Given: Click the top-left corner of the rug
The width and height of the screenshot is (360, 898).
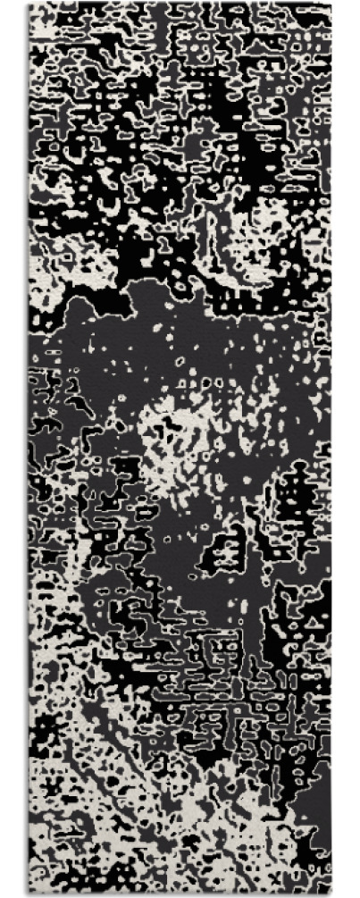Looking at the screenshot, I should click(29, 4).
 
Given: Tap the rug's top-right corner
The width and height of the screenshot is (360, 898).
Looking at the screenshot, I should click(331, 4).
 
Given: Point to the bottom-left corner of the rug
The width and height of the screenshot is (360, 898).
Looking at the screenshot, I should click(29, 894).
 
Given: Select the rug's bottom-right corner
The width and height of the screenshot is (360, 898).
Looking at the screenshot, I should click(331, 894).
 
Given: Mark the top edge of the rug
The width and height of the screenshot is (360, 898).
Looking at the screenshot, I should click(179, 4).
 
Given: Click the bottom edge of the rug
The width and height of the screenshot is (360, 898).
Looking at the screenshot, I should click(179, 894).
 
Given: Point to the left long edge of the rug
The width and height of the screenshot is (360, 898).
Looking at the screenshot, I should click(29, 447).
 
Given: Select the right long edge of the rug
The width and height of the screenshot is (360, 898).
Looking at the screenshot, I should click(331, 447).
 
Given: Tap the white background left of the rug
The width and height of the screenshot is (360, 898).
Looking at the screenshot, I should click(13, 447).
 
